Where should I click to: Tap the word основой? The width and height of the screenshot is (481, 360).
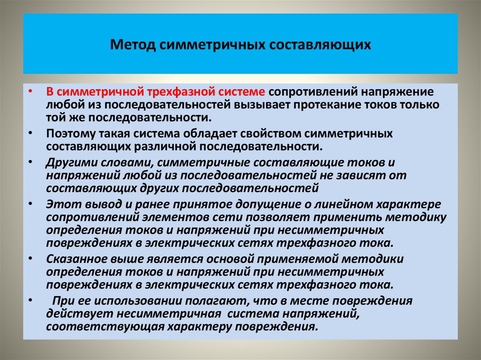tap(222, 259)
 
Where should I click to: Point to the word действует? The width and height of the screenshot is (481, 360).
tap(75, 314)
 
